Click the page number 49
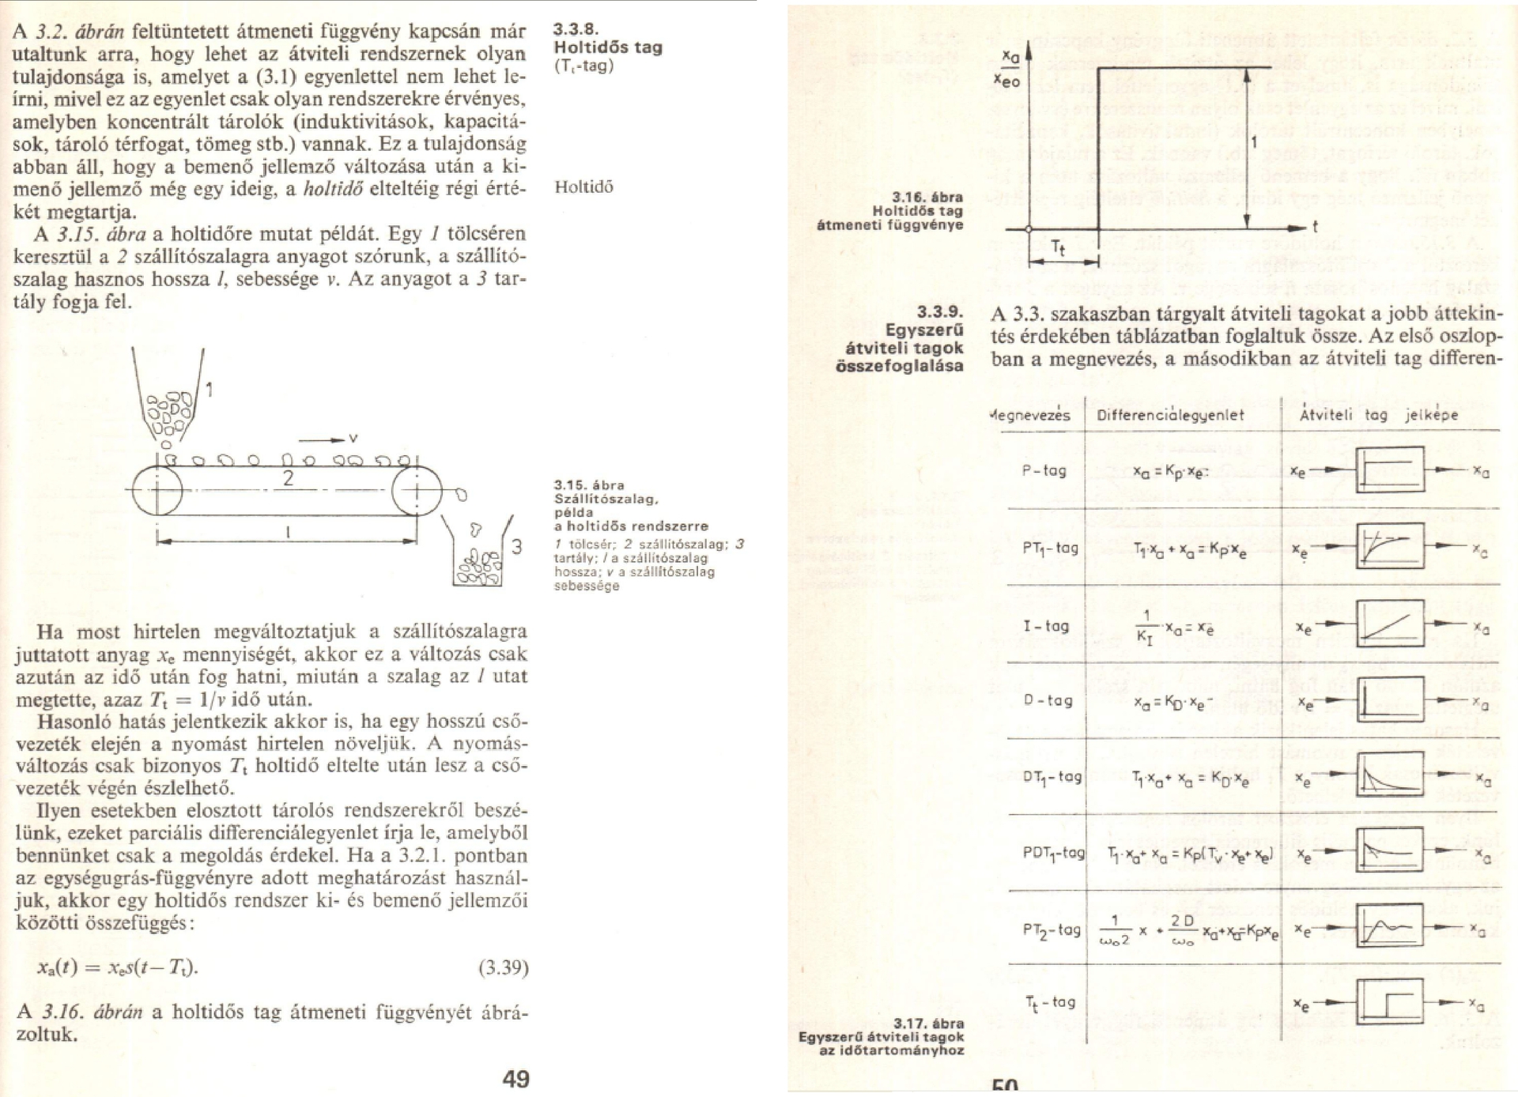515,1078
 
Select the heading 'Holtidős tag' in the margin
608,47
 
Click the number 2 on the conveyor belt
288,477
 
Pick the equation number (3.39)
503,967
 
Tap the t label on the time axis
1315,228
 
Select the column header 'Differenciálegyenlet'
1170,415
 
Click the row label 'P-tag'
1044,471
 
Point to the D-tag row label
1048,700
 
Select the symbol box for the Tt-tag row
1390,1002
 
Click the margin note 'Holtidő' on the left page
583,187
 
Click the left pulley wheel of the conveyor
157,491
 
